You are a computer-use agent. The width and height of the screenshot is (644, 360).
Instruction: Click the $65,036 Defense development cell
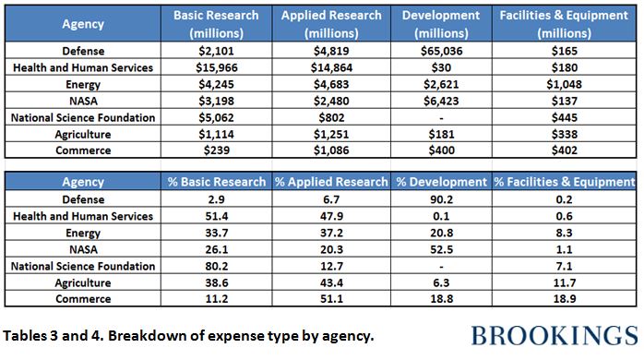pyautogui.click(x=435, y=50)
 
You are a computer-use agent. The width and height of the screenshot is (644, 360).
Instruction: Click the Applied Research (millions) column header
pyautogui.click(x=330, y=23)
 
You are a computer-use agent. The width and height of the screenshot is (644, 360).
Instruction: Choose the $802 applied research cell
pyautogui.click(x=330, y=116)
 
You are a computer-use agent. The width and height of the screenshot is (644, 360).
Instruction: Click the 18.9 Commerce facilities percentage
pyautogui.click(x=566, y=299)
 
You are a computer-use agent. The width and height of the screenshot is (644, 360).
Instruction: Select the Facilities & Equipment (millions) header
pyautogui.click(x=566, y=23)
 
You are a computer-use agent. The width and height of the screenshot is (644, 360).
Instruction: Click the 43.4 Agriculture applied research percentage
pyautogui.click(x=329, y=282)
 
